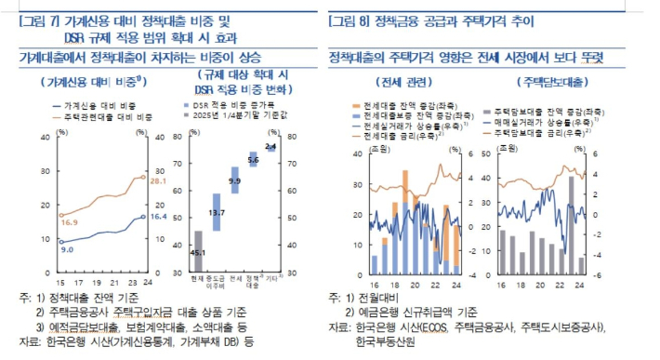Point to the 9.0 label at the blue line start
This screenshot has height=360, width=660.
pyautogui.click(x=66, y=249)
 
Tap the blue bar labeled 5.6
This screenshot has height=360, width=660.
pyautogui.click(x=253, y=160)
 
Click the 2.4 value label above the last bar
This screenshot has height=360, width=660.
pyautogui.click(x=271, y=147)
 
